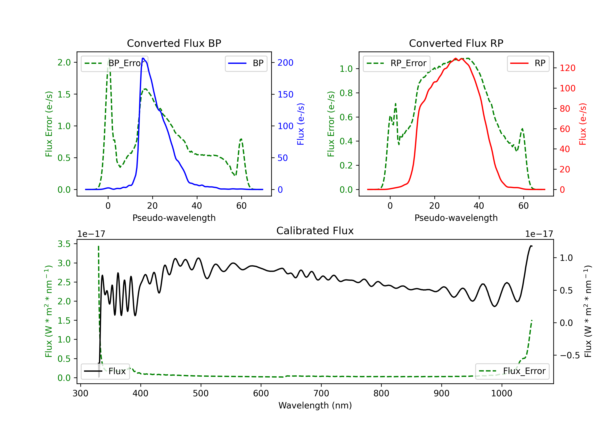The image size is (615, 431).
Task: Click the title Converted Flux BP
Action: coord(174,43)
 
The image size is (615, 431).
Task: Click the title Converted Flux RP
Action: coord(456,43)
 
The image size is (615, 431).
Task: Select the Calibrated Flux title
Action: coord(315,231)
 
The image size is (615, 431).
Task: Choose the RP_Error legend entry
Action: coord(396,63)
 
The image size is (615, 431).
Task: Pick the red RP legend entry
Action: coord(528,63)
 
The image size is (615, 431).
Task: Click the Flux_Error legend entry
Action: coord(512,371)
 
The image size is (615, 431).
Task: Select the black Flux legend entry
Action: coord(105,371)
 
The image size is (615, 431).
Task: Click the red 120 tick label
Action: coord(568,68)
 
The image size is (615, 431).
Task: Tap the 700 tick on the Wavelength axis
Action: coord(321,393)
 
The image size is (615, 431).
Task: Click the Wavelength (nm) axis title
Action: coord(315,405)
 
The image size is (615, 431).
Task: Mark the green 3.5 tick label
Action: coord(64,244)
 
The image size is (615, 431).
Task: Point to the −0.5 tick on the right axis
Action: coord(570,355)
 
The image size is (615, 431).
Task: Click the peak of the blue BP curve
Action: coord(143,58)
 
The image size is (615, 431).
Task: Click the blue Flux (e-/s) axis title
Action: coord(301,124)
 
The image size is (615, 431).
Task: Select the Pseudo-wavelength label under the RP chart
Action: coord(456,218)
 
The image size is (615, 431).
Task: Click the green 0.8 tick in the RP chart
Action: coord(346,93)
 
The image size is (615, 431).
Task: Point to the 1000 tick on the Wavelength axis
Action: coord(502,393)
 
